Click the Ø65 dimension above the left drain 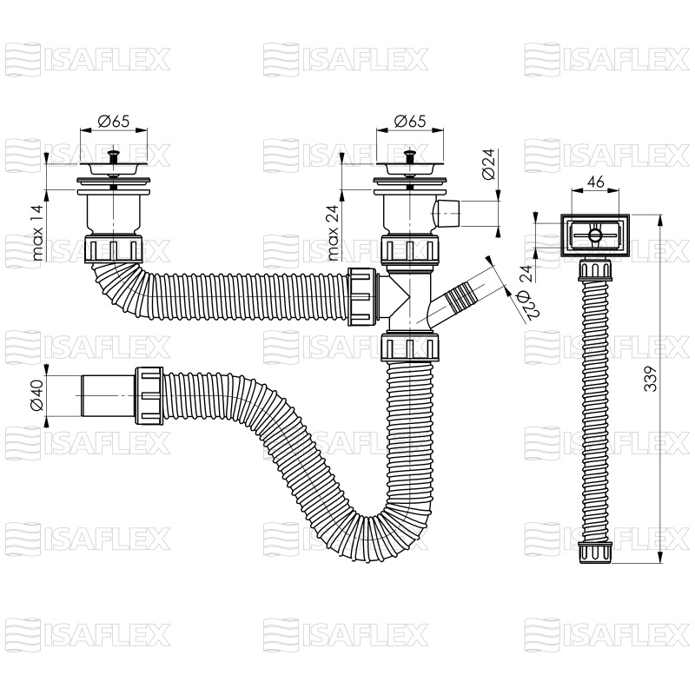[x=114, y=121]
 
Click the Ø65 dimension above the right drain [x=410, y=121]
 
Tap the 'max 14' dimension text [x=37, y=232]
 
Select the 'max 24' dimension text [x=334, y=232]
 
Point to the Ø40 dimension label [x=37, y=395]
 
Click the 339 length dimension [x=650, y=379]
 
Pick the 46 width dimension [x=595, y=182]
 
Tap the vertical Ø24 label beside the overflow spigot [x=488, y=164]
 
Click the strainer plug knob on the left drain [x=114, y=156]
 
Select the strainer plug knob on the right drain [x=410, y=156]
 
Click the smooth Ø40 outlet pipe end [x=107, y=395]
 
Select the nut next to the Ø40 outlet [x=149, y=395]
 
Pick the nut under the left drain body [x=114, y=249]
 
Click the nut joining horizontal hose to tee [x=362, y=296]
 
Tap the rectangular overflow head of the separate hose [x=595, y=235]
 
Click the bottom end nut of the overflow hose [x=595, y=553]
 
